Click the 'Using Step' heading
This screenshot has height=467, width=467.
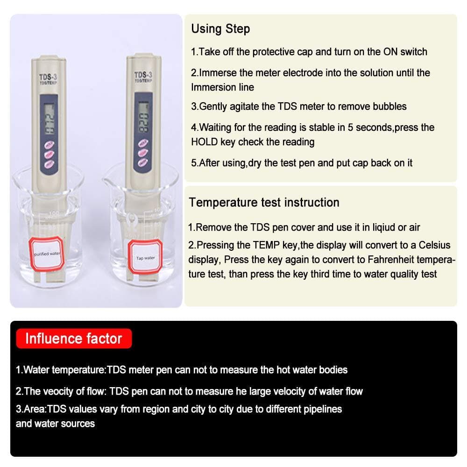pyautogui.click(x=220, y=29)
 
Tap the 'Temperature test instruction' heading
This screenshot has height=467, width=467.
pyautogui.click(x=264, y=203)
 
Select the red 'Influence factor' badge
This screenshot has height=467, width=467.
pyautogui.click(x=73, y=339)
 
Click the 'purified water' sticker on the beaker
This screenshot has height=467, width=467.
pyautogui.click(x=47, y=254)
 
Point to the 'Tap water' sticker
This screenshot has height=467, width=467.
pyautogui.click(x=145, y=258)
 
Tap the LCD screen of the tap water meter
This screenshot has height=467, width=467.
pyautogui.click(x=143, y=119)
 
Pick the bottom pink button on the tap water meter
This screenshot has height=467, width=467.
pyautogui.click(x=142, y=164)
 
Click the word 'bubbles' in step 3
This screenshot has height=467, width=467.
pyautogui.click(x=389, y=106)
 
